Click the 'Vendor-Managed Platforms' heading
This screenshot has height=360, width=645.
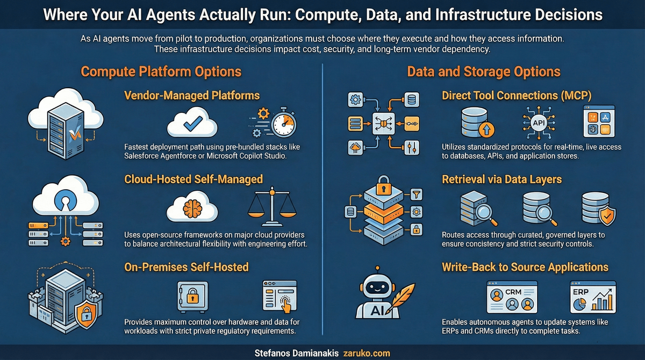pos(192,96)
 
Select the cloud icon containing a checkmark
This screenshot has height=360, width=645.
pos(192,125)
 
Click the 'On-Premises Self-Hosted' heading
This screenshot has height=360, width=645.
pos(186,267)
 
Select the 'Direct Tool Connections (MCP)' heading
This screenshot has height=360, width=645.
pos(517,96)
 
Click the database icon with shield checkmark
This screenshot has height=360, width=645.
pos(598,208)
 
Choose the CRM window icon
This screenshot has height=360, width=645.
pos(512,297)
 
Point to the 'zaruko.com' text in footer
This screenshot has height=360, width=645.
pos(367,354)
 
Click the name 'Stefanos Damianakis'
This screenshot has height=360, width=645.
pos(297,354)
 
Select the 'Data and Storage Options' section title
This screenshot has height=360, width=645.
pos(484,71)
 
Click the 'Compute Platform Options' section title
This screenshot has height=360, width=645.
pos(161,71)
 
